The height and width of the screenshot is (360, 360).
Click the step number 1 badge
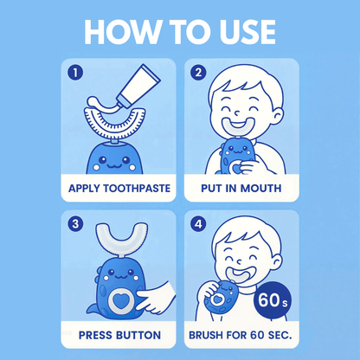(76, 73)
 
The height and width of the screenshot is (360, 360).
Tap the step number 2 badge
(199, 73)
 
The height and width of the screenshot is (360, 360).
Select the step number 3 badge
(76, 225)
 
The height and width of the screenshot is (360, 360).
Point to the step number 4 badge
(199, 225)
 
